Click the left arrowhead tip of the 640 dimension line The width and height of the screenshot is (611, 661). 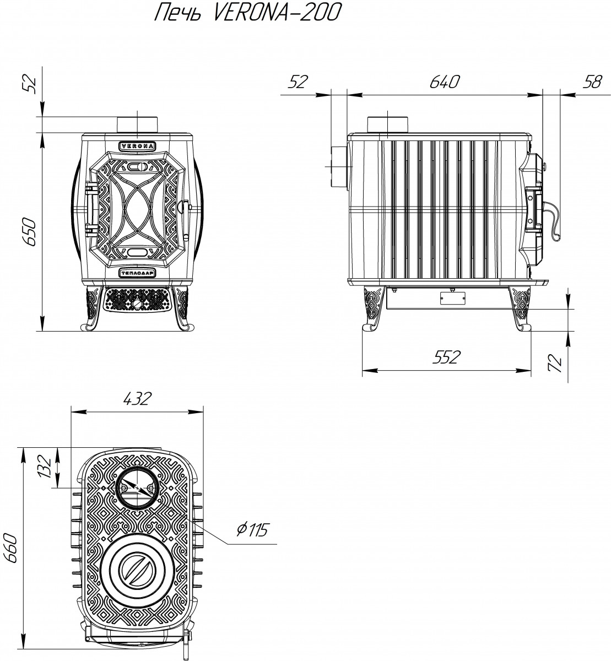(x=347, y=95)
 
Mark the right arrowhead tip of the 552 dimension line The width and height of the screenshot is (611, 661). (x=531, y=370)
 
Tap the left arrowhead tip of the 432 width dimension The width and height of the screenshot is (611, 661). (x=72, y=411)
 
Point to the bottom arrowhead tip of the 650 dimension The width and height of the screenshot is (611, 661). (x=42, y=331)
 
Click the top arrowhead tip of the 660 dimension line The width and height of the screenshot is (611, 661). (x=23, y=448)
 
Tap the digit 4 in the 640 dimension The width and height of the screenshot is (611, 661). (x=445, y=82)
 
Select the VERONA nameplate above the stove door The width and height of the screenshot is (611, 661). (x=137, y=146)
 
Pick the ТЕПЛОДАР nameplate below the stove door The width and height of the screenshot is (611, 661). (x=137, y=273)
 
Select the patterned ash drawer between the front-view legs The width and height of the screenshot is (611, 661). (x=137, y=299)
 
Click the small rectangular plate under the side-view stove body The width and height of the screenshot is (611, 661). (x=452, y=298)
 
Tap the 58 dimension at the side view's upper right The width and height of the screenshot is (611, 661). (x=592, y=82)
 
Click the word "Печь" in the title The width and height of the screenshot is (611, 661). (x=177, y=13)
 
